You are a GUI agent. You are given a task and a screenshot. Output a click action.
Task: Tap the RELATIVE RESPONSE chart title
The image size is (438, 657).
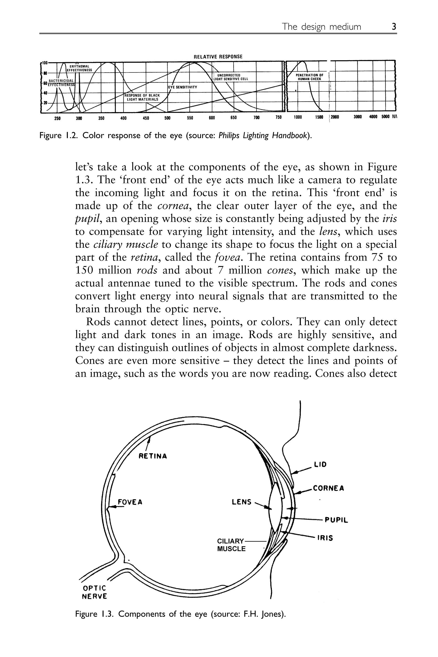[218, 57]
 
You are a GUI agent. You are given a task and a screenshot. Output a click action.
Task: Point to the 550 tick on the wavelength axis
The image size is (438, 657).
[190, 118]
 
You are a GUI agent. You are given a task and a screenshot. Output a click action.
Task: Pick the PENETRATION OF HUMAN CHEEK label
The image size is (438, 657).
[309, 77]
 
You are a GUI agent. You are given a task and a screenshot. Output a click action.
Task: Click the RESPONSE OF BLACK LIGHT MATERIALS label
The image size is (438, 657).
[142, 97]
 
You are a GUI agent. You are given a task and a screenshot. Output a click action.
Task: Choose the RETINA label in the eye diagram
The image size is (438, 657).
[153, 456]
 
